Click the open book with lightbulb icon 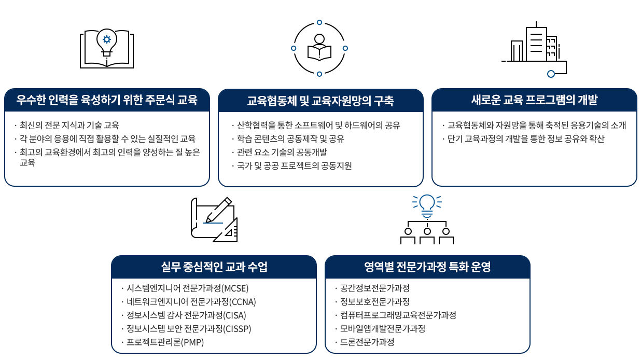[107, 48]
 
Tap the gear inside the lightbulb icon [107, 39]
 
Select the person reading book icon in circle [319, 48]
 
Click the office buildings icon [534, 49]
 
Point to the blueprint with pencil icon [214, 219]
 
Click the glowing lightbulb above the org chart [427, 205]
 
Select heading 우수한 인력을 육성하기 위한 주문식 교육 [107, 100]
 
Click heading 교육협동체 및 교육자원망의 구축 [320, 101]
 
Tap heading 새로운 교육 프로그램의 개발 [534, 100]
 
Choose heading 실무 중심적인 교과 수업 [214, 267]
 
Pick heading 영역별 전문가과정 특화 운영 [427, 267]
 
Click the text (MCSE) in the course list [235, 288]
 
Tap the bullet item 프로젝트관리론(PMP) [165, 342]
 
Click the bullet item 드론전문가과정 [367, 342]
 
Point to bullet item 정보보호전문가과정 [375, 301]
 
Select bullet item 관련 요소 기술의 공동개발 [282, 152]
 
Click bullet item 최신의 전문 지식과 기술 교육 [69, 125]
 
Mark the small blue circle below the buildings [551, 74]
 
